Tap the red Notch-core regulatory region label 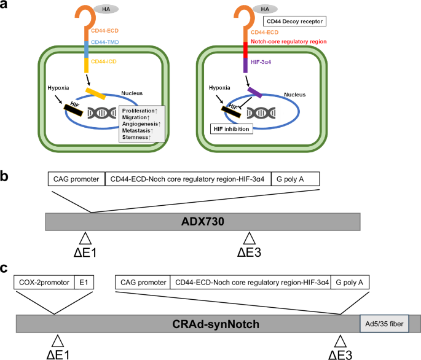(x=289, y=41)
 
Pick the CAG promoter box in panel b (x=76, y=180)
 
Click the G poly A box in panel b (x=295, y=180)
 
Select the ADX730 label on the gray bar (x=203, y=221)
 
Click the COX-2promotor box (x=43, y=283)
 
